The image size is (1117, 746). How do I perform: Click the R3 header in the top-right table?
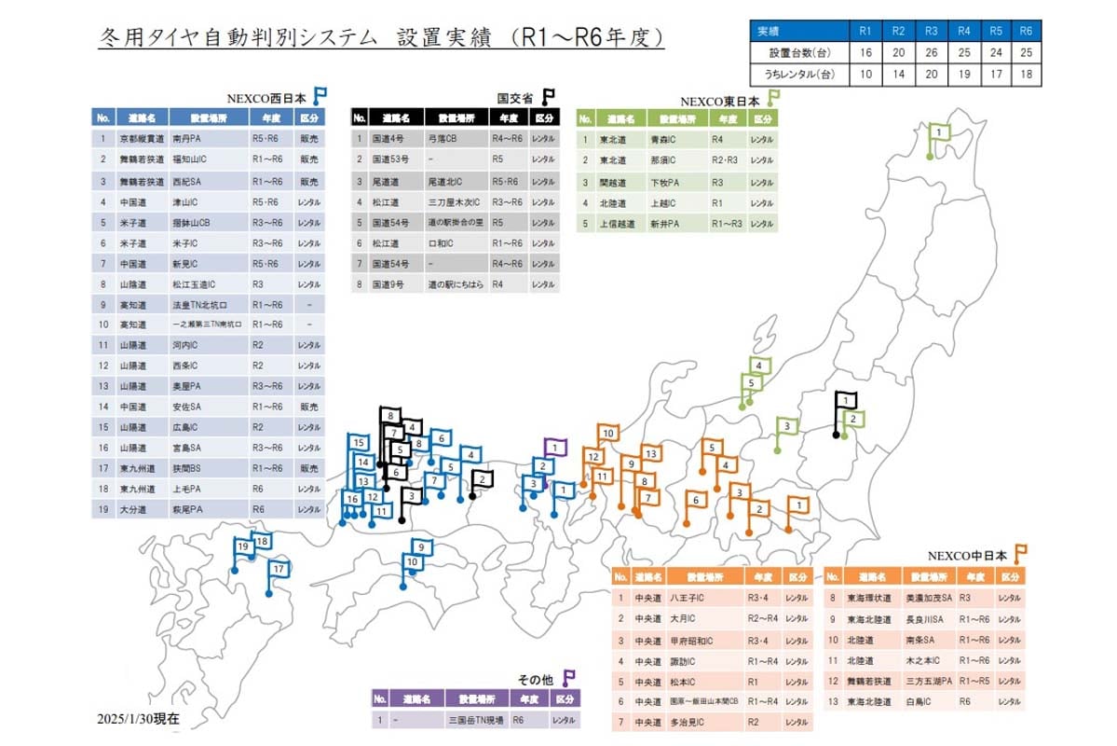931,31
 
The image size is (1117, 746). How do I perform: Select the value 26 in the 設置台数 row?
931,52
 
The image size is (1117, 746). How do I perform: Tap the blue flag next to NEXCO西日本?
320,95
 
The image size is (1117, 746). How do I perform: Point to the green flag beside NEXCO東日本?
772,97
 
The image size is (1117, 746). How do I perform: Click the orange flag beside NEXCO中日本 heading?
1020,552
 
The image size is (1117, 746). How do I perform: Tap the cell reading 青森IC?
666,140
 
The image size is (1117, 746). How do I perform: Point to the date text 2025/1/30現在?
138,721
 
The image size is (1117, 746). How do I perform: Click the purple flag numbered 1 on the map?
555,448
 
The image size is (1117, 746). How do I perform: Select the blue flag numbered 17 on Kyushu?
278,568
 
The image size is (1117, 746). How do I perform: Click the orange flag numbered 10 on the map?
607,434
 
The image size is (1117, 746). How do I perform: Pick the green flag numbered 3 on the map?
787,426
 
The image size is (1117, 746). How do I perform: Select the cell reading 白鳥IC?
926,700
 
